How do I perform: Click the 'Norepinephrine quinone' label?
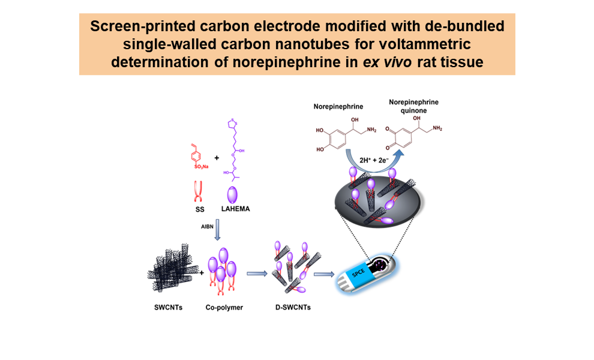(405, 106)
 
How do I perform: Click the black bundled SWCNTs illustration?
(166, 272)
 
